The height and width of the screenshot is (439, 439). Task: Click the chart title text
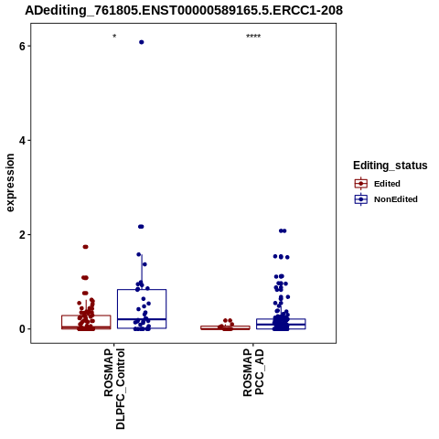(184, 10)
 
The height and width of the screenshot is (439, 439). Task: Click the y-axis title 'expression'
(10, 183)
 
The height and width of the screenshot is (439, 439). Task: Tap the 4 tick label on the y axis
(22, 141)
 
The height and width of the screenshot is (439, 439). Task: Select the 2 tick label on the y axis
(22, 235)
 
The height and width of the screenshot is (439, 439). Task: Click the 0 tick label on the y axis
(22, 329)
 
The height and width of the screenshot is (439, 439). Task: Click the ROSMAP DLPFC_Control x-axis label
(114, 389)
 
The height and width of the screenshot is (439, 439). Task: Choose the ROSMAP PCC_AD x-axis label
(253, 372)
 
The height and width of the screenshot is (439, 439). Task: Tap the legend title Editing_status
(391, 166)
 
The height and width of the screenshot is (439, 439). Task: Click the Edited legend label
(387, 184)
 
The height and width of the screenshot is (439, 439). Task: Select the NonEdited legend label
(396, 199)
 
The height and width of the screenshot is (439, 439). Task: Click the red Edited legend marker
(361, 184)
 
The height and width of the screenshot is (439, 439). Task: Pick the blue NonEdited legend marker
(361, 199)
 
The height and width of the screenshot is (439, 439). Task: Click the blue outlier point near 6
(142, 42)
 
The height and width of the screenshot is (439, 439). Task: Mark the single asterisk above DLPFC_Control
(114, 36)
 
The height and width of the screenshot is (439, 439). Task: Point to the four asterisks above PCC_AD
(253, 36)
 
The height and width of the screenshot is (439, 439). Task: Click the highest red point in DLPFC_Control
(85, 247)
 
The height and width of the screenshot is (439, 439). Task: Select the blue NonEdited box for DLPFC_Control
(142, 289)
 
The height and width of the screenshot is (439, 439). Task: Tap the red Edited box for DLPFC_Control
(86, 316)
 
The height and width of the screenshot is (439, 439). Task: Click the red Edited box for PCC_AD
(225, 327)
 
